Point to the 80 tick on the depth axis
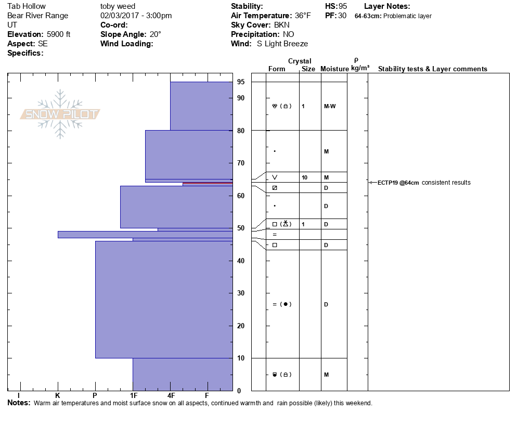click(241, 131)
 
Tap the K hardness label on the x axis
click(58, 395)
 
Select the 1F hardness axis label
click(133, 395)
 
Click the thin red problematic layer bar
click(208, 184)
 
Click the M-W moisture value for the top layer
click(330, 106)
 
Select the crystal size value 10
click(304, 177)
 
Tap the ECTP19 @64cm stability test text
click(398, 183)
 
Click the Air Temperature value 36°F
click(301, 16)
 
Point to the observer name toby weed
click(118, 6)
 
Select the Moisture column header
click(334, 69)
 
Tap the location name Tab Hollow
click(26, 6)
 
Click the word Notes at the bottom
click(18, 403)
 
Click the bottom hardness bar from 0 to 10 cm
click(182, 374)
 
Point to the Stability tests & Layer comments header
click(432, 69)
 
